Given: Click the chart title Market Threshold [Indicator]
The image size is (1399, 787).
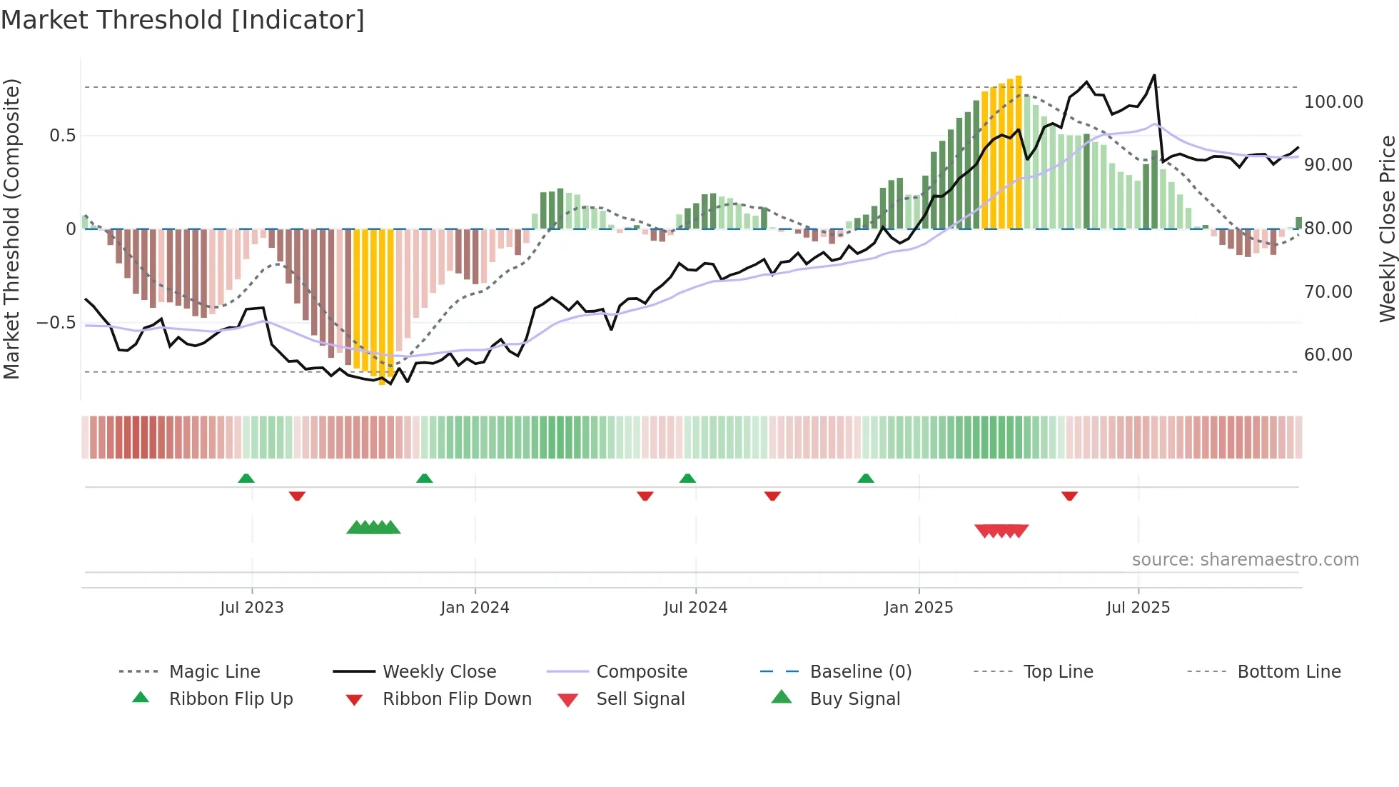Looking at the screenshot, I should pyautogui.click(x=183, y=20).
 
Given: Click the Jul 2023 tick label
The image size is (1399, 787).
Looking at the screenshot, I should pyautogui.click(x=251, y=608).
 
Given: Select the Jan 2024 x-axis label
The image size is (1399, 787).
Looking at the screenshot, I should pyautogui.click(x=475, y=608).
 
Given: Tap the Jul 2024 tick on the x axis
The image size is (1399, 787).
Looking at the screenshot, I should pyautogui.click(x=695, y=608).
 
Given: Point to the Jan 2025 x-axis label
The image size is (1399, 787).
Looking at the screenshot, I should pyautogui.click(x=919, y=608).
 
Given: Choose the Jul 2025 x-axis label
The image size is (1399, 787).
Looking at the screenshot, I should pyautogui.click(x=1138, y=608).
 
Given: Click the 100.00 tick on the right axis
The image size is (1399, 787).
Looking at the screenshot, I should pyautogui.click(x=1333, y=102).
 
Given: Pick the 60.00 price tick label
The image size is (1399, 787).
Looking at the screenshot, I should pyautogui.click(x=1328, y=355).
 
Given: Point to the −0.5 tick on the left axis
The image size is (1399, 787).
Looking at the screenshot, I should pyautogui.click(x=56, y=323).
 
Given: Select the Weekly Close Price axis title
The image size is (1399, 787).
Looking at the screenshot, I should pyautogui.click(x=1387, y=229).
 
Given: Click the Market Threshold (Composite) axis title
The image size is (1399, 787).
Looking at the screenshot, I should pyautogui.click(x=11, y=229).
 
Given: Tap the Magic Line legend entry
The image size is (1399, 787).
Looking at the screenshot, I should pyautogui.click(x=214, y=672).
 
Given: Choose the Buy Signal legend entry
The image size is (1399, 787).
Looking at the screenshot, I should pyautogui.click(x=854, y=699).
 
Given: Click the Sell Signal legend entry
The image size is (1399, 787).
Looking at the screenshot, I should pyautogui.click(x=640, y=699).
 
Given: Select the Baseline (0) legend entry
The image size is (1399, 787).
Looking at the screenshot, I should pyautogui.click(x=860, y=672).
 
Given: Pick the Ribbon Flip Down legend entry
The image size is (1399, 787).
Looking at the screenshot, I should pyautogui.click(x=457, y=699).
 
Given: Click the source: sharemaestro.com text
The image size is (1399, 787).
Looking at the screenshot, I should pyautogui.click(x=1245, y=560).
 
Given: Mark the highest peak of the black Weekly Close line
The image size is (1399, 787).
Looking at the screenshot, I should pyautogui.click(x=1154, y=75).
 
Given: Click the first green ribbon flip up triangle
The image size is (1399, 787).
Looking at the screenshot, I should pyautogui.click(x=246, y=478).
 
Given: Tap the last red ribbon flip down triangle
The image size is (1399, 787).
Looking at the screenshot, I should pyautogui.click(x=1069, y=496).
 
